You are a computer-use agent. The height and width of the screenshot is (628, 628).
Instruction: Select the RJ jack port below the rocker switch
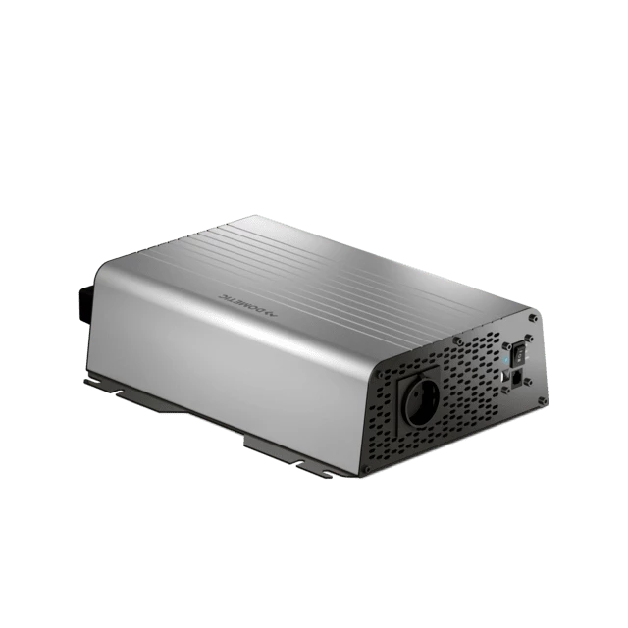518,378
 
